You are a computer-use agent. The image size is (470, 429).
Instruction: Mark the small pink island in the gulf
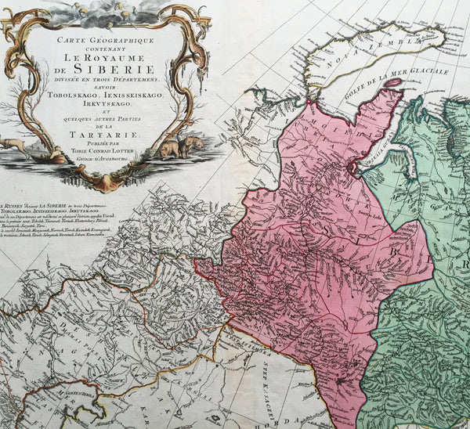tap(392, 82)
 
